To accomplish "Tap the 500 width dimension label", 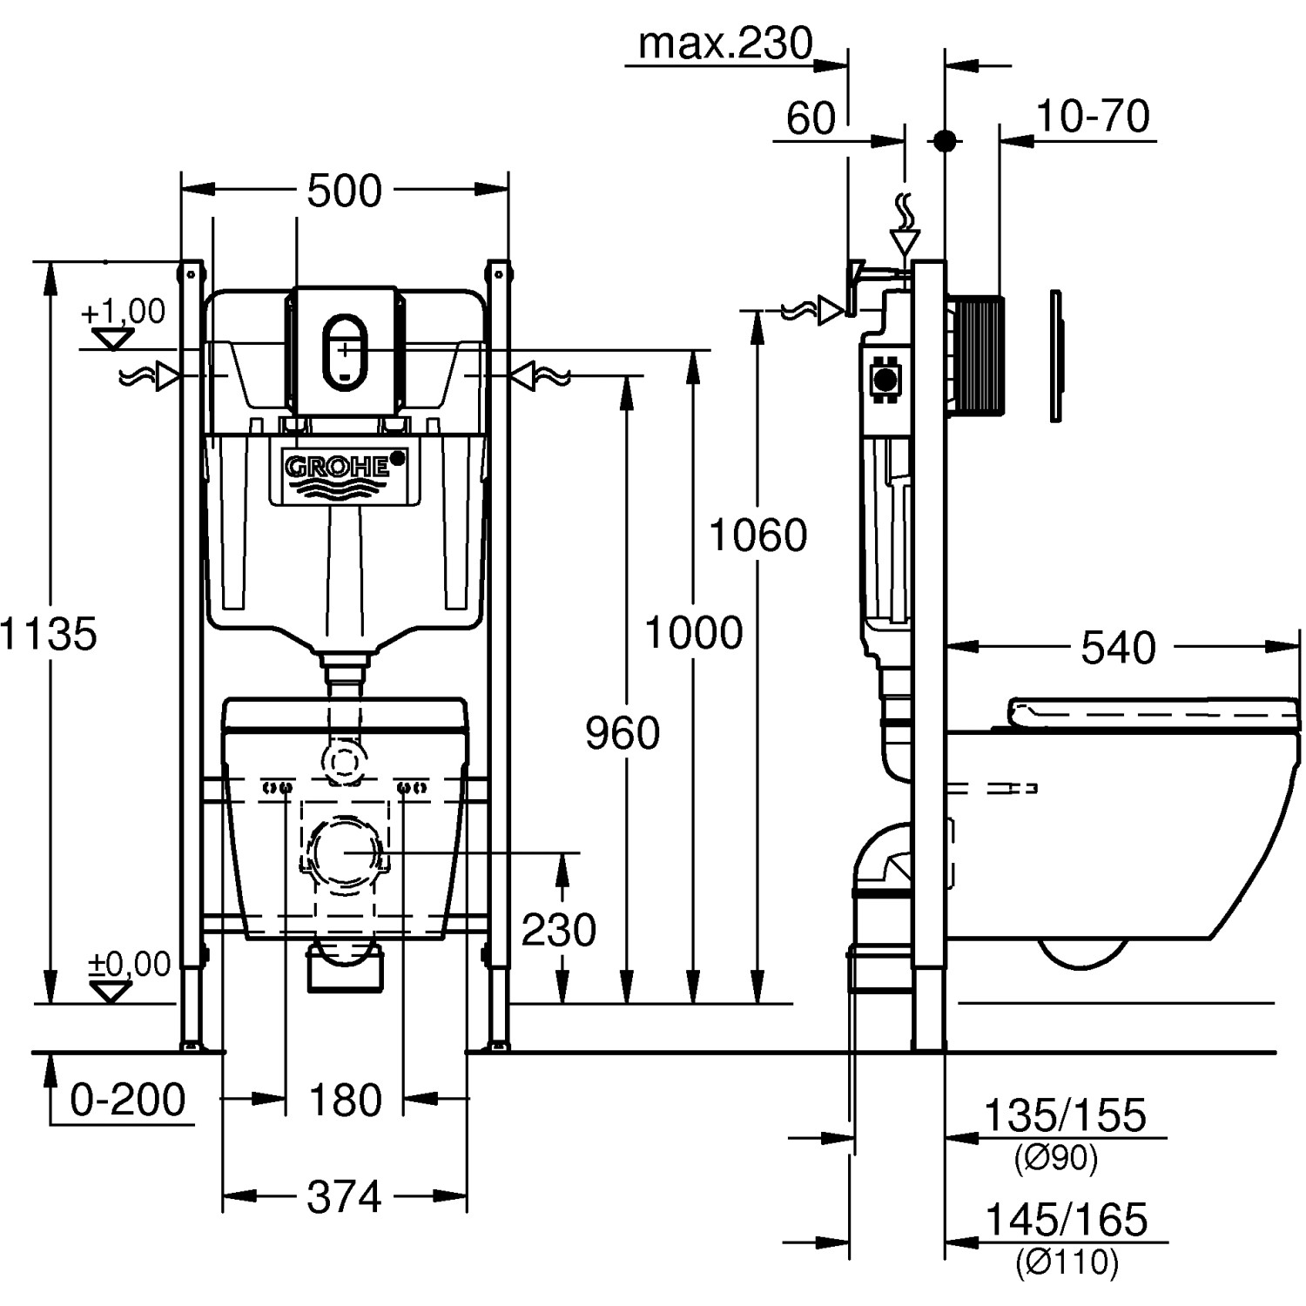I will (x=345, y=192).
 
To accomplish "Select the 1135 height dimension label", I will (x=49, y=634).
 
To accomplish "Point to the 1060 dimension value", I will (x=758, y=535).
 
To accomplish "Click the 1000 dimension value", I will (x=693, y=633).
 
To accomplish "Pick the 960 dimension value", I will (x=623, y=733).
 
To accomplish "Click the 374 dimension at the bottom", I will (x=344, y=1197).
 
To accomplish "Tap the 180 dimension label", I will (x=346, y=1101).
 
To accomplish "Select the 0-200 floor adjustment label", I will (x=128, y=1100).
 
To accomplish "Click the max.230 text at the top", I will (x=725, y=43).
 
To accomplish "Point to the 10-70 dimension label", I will (x=1093, y=116).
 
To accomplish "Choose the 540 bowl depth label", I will (x=1118, y=648).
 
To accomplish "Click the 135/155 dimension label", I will (x=1065, y=1115).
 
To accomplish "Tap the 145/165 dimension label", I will (x=1065, y=1220).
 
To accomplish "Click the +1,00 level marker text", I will (x=123, y=311).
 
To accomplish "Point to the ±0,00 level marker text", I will (x=129, y=964).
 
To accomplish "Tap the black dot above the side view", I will (x=945, y=140).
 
